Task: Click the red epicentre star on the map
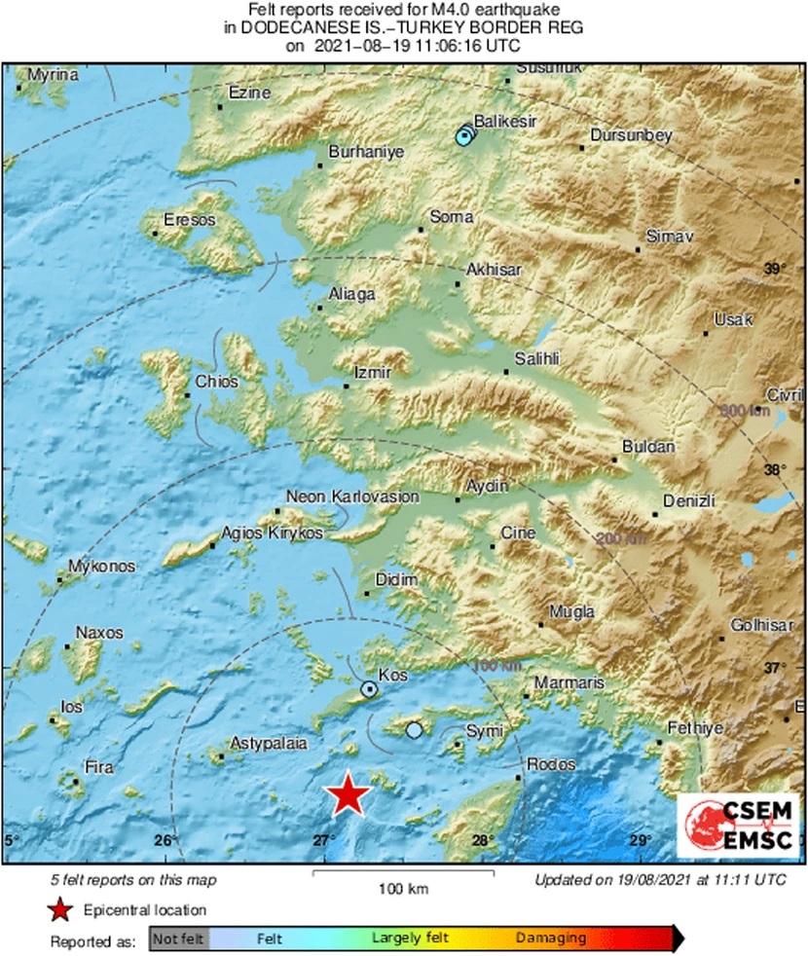click(348, 794)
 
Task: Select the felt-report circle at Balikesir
click(463, 137)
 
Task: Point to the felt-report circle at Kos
click(370, 689)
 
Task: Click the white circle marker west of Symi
click(415, 729)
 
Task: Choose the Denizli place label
click(688, 500)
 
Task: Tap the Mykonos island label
click(102, 567)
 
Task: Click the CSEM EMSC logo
click(739, 826)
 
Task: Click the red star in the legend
click(60, 910)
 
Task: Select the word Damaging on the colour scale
click(551, 938)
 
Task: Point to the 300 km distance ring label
click(745, 411)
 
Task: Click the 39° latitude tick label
click(774, 269)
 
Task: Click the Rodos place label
click(551, 764)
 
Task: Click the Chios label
click(216, 382)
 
